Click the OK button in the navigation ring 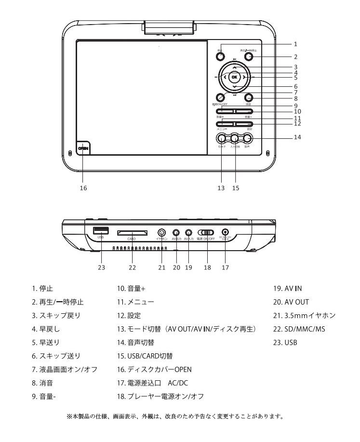click(234, 77)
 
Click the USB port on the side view click(101, 230)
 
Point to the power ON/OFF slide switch click(207, 232)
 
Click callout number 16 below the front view click(83, 188)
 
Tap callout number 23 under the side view click(101, 267)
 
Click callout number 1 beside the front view click(295, 44)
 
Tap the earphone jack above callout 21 click(162, 232)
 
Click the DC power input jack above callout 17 click(225, 232)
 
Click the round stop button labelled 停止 click(220, 56)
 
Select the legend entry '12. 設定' click(128, 316)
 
